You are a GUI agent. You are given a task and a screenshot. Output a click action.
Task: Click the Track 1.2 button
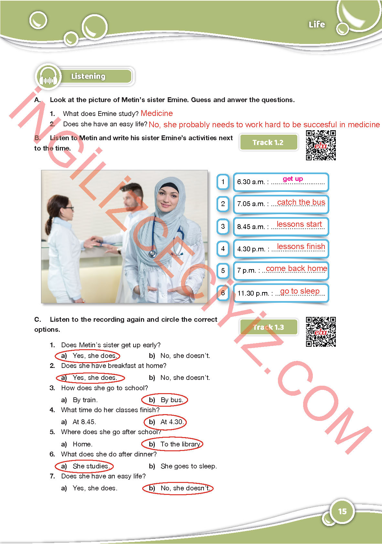(268, 142)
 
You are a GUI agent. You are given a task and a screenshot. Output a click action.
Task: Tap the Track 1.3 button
(268, 327)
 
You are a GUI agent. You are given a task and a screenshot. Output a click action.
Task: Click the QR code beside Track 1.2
(321, 145)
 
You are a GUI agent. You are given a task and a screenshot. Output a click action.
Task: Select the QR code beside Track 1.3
(321, 332)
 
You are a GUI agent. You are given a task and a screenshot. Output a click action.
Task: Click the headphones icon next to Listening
(48, 78)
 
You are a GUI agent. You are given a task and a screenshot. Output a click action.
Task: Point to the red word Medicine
(157, 113)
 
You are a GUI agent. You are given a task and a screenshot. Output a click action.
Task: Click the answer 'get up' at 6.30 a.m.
(293, 179)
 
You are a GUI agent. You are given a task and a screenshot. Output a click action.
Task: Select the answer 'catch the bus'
(301, 202)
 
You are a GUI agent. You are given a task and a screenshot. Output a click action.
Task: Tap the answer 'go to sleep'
(300, 291)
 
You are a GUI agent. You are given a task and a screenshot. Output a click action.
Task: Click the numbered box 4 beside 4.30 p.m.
(223, 249)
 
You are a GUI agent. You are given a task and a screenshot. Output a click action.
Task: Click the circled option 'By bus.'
(172, 400)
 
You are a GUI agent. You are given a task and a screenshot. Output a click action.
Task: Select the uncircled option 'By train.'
(85, 400)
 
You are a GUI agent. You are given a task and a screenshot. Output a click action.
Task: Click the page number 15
(342, 511)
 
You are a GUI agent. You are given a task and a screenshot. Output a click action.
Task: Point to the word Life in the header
(317, 25)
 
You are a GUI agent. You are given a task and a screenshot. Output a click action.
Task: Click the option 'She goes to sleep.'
(188, 466)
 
